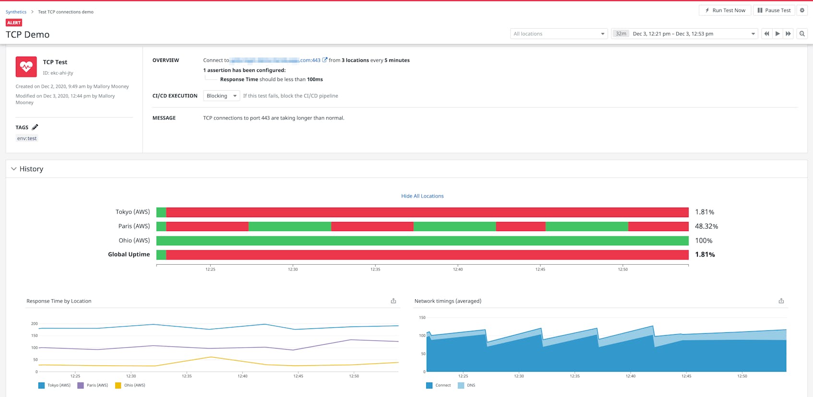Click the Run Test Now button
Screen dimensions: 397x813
pyautogui.click(x=725, y=10)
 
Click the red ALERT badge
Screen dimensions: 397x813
pyautogui.click(x=14, y=23)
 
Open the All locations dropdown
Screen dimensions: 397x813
pyautogui.click(x=559, y=34)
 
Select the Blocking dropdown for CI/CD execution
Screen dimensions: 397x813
pyautogui.click(x=221, y=96)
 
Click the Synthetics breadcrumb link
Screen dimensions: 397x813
pyautogui.click(x=16, y=12)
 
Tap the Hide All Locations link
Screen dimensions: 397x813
pyautogui.click(x=422, y=196)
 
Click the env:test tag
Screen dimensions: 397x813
pyautogui.click(x=27, y=138)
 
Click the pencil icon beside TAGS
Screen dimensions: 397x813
pyautogui.click(x=35, y=128)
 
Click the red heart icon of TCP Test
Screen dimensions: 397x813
pyautogui.click(x=26, y=67)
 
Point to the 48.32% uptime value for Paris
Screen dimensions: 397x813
pyautogui.click(x=706, y=226)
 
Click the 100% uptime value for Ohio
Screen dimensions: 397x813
pyautogui.click(x=704, y=241)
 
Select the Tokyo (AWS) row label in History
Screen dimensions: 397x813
pyautogui.click(x=132, y=212)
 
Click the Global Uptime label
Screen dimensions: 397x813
pyautogui.click(x=129, y=255)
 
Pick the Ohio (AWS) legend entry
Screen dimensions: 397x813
pyautogui.click(x=130, y=385)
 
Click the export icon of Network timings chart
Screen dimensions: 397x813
pyautogui.click(x=781, y=301)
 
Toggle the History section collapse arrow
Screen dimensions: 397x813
pyautogui.click(x=14, y=169)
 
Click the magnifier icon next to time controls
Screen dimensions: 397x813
pyautogui.click(x=802, y=34)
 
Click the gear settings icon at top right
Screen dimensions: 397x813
pyautogui.click(x=802, y=10)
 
